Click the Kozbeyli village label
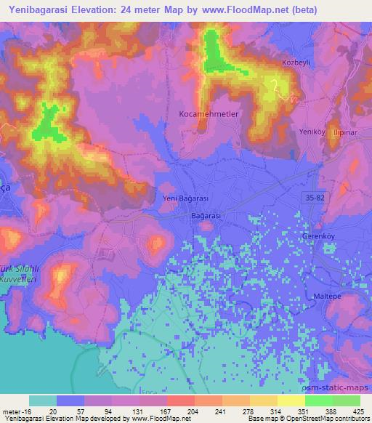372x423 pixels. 297,63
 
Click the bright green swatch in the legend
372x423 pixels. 318,400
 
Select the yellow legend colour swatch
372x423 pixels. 291,400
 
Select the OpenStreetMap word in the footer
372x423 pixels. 302,419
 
